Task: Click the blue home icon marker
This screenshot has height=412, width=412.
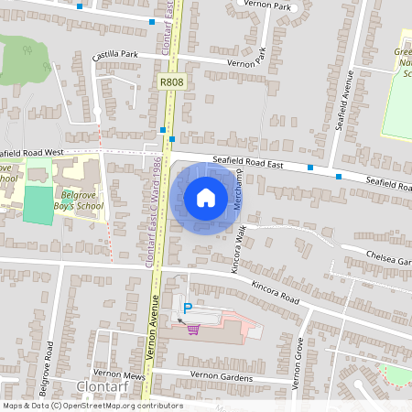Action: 206,198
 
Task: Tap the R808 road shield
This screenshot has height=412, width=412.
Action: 169,82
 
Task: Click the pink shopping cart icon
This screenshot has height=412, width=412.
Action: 193,330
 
